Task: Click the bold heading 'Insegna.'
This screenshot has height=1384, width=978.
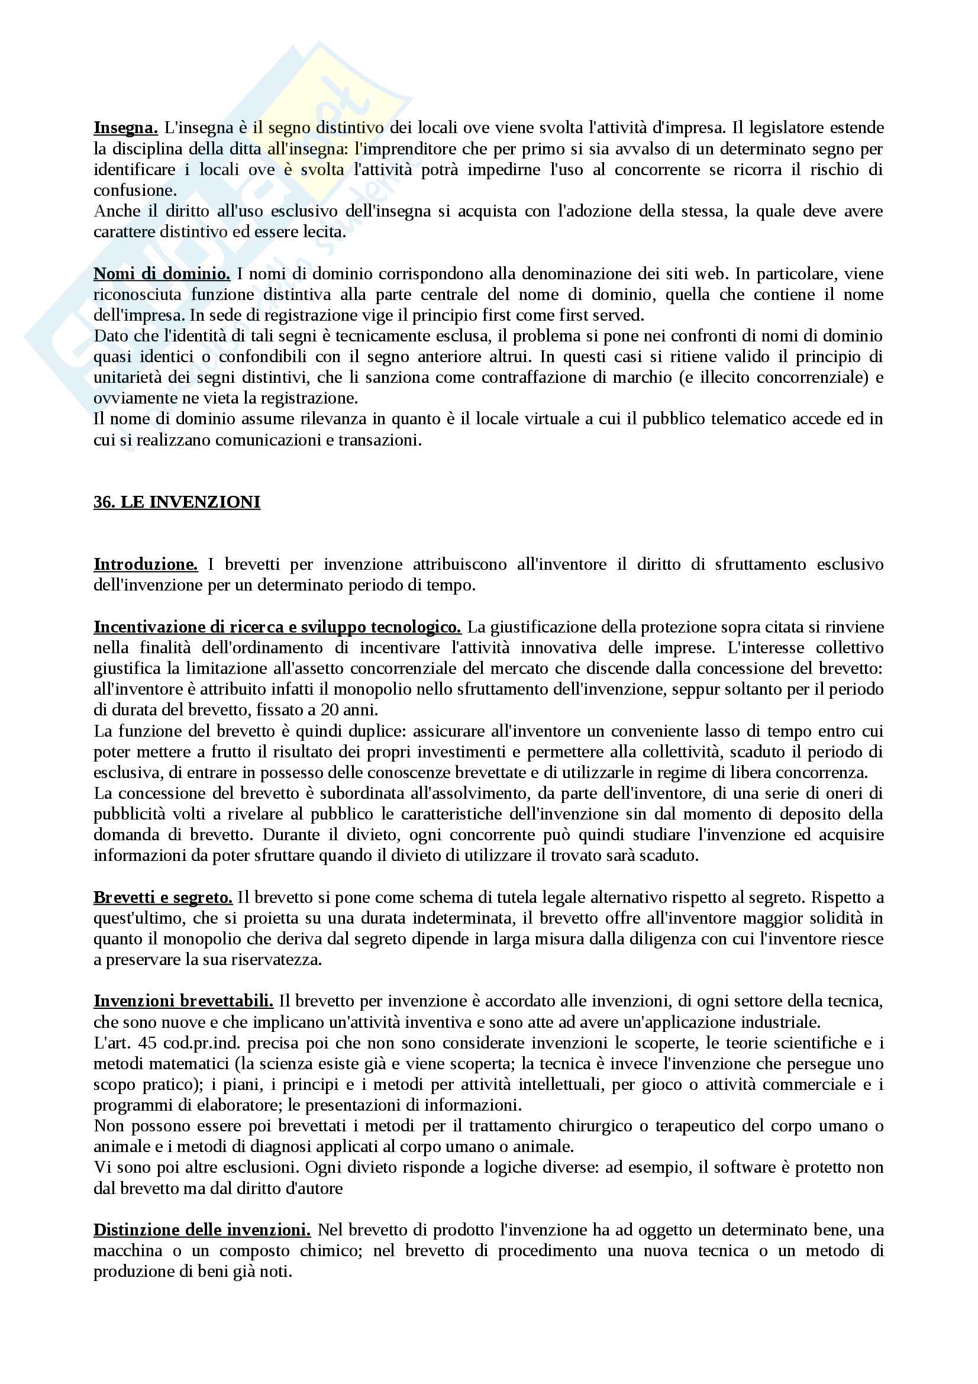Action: pyautogui.click(x=125, y=128)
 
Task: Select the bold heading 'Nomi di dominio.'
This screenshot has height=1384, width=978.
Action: pyautogui.click(x=162, y=275)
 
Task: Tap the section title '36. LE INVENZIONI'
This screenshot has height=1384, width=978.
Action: pyautogui.click(x=176, y=502)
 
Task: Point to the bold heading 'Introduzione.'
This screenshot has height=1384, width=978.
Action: pyautogui.click(x=145, y=565)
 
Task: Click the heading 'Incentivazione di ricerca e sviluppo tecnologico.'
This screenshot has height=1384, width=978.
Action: pyautogui.click(x=277, y=627)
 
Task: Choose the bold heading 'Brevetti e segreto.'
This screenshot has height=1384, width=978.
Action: pyautogui.click(x=163, y=898)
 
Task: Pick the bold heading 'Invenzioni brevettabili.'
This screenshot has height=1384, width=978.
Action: pyautogui.click(x=183, y=1001)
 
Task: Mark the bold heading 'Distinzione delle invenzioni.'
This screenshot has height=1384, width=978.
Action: pyautogui.click(x=202, y=1230)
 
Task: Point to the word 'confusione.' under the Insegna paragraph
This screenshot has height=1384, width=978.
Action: pyautogui.click(x=135, y=191)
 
